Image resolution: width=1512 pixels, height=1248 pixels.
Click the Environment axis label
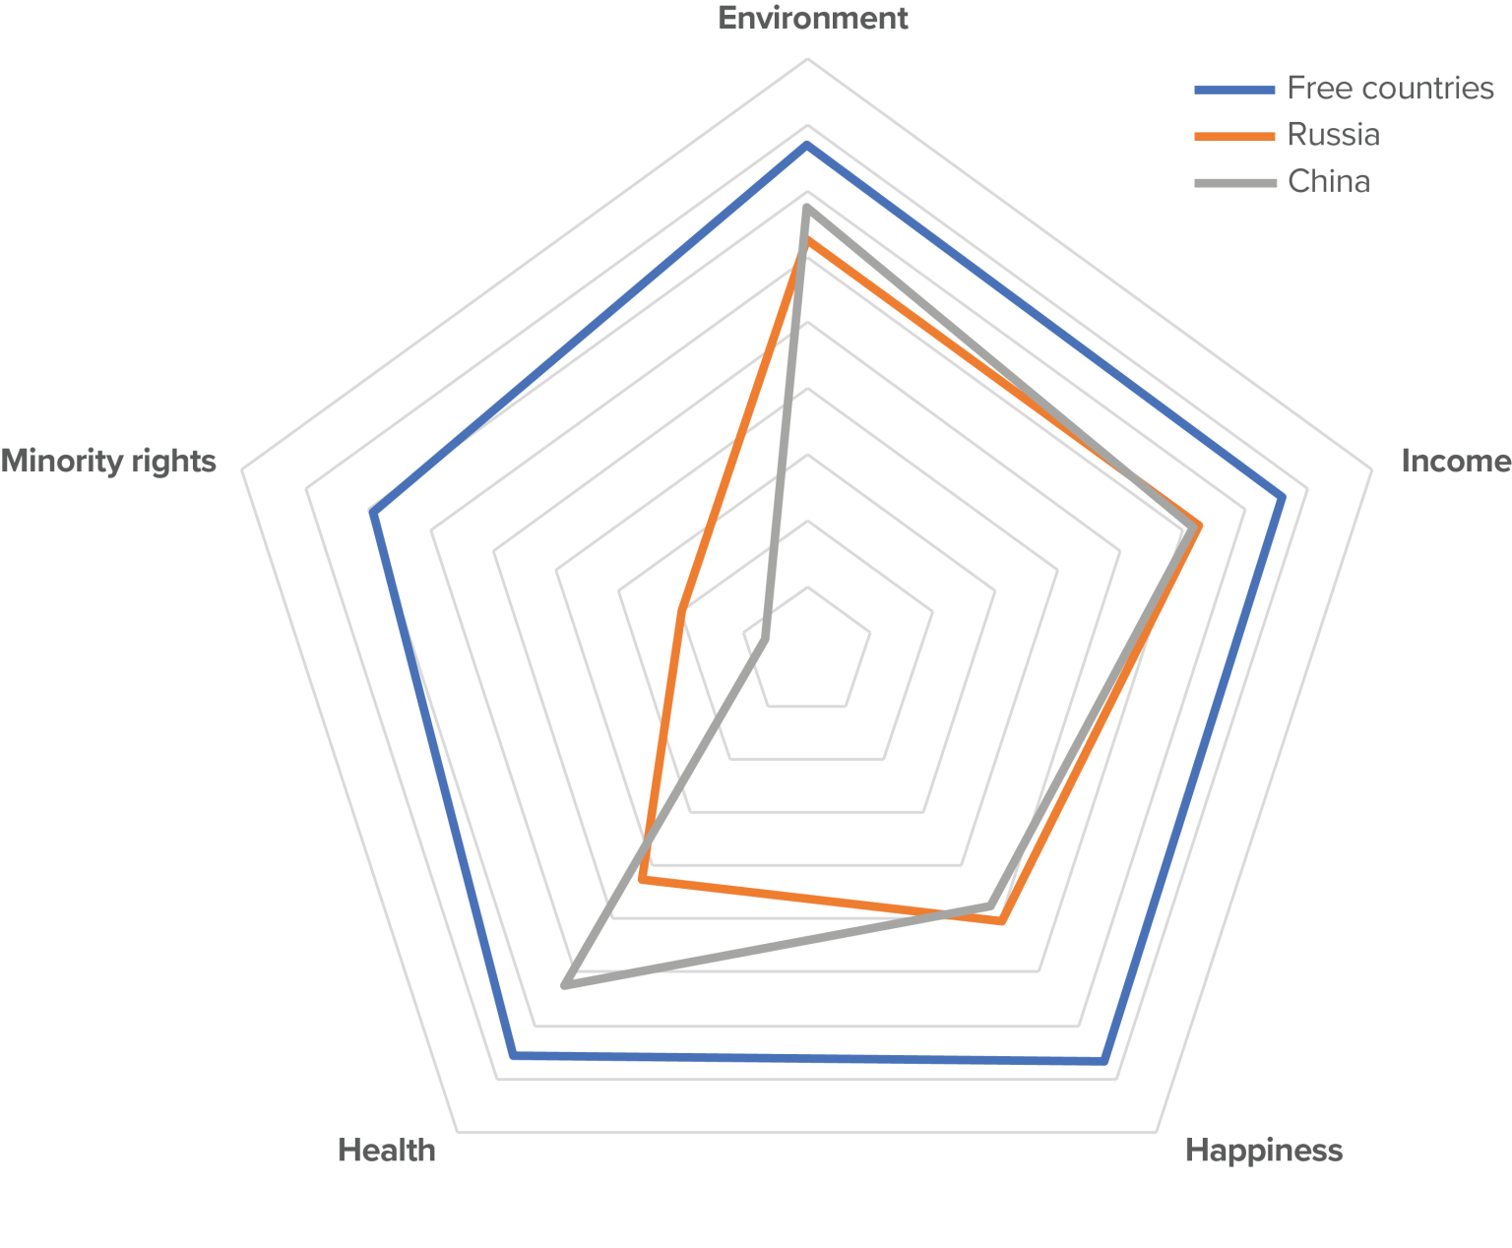pyautogui.click(x=812, y=19)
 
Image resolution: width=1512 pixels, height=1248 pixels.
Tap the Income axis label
pyautogui.click(x=1455, y=461)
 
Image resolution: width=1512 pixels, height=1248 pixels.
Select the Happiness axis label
pyautogui.click(x=1263, y=1150)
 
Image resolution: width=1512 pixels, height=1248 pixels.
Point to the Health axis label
pyautogui.click(x=386, y=1150)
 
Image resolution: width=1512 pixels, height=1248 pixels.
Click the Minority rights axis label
pyautogui.click(x=108, y=461)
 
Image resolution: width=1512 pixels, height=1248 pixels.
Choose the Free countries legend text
pyautogui.click(x=1390, y=89)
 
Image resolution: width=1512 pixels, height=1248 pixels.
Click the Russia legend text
pyautogui.click(x=1333, y=135)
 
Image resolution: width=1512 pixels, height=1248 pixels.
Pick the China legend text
pyautogui.click(x=1328, y=182)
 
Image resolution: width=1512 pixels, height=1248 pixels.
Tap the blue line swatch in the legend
pyautogui.click(x=1234, y=90)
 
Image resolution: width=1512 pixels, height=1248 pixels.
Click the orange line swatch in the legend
pyautogui.click(x=1234, y=136)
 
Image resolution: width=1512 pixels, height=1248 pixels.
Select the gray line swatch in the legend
pyautogui.click(x=1234, y=182)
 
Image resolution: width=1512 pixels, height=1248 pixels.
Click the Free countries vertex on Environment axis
pyautogui.click(x=807, y=145)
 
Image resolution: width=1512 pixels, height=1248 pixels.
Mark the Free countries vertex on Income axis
pyautogui.click(x=1283, y=498)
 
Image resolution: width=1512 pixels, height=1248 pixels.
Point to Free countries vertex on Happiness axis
pyautogui.click(x=1103, y=1062)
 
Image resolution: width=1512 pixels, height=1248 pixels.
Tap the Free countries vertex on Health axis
pyautogui.click(x=513, y=1055)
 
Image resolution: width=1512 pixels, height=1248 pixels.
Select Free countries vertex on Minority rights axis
pyautogui.click(x=373, y=514)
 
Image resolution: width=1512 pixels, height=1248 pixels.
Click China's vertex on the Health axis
pyautogui.click(x=564, y=984)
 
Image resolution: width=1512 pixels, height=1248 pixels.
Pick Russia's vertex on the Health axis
pyautogui.click(x=641, y=880)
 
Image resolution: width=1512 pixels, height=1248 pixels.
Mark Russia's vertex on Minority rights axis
pyautogui.click(x=680, y=612)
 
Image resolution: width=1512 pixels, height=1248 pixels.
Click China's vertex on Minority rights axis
pyautogui.click(x=765, y=640)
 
